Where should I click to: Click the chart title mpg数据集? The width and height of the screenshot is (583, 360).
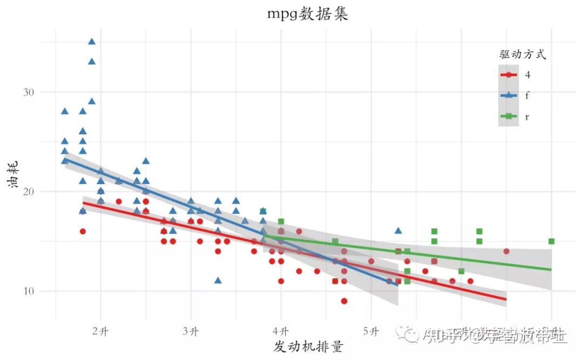coord(308,14)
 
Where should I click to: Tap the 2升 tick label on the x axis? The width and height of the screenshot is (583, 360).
coord(101,331)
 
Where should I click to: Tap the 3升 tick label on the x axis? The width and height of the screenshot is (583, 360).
coord(191,331)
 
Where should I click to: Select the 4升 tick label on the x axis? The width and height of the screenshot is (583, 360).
coord(281,331)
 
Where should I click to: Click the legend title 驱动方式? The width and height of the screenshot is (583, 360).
coord(522,55)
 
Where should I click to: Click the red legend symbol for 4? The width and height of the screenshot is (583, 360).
coord(509,75)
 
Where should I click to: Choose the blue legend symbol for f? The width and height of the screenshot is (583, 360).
coord(509,95)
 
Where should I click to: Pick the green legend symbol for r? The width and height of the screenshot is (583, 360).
coord(509,116)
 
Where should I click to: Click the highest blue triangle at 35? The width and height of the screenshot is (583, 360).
coord(92,42)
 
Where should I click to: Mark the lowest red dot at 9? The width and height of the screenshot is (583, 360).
coord(344,301)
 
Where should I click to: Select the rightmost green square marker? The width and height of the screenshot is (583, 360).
coord(551,241)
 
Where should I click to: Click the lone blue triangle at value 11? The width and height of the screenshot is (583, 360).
coord(218,280)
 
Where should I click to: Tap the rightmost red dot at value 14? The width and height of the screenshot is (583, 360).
coord(506,252)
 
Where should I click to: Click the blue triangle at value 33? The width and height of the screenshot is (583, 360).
coord(92,62)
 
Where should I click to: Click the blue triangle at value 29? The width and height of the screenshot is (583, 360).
coord(92,101)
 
